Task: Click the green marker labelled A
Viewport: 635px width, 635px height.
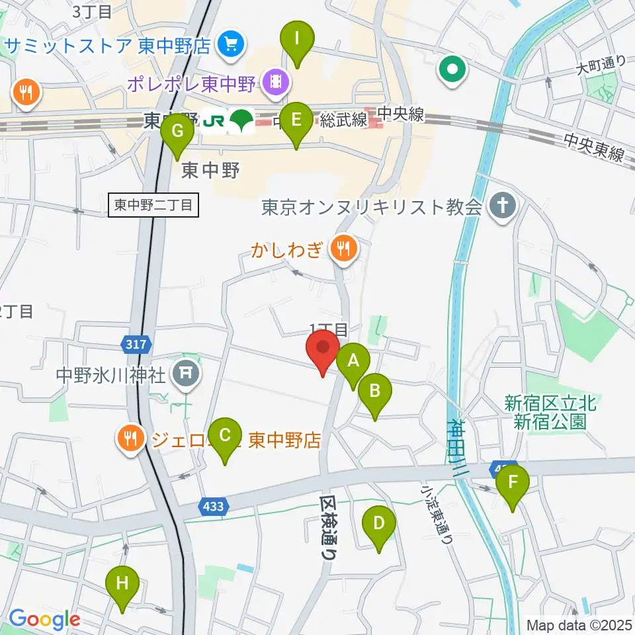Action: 353,362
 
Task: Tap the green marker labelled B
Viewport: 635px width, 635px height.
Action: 374,391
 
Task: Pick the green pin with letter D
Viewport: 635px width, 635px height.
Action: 379,525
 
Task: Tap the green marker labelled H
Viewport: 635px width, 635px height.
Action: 122,585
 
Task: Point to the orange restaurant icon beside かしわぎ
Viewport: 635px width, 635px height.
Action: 343,249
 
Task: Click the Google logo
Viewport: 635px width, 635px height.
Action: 44,619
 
